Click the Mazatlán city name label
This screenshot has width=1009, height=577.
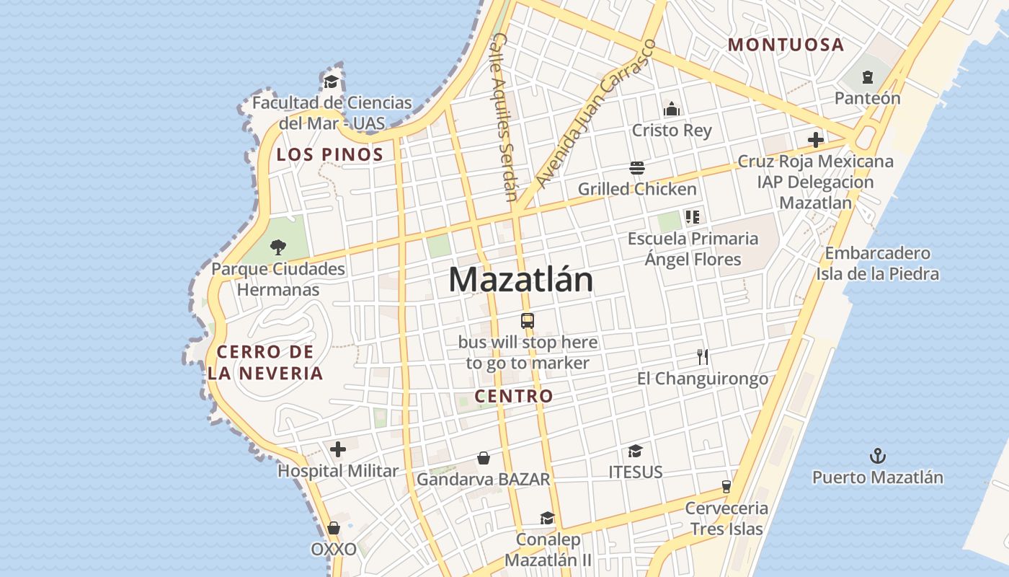521,280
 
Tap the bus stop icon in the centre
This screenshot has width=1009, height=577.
528,321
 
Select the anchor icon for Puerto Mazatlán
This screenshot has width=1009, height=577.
877,456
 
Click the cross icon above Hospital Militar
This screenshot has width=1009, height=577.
337,450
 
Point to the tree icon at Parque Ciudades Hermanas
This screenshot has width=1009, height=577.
277,247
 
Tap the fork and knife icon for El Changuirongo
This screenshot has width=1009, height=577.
703,356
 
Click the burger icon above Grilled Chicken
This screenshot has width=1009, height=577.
636,169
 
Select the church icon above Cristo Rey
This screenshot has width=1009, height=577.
672,109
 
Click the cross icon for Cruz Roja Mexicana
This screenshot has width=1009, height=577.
815,140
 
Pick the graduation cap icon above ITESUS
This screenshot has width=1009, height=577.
635,452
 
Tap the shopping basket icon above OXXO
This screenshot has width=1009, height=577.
333,529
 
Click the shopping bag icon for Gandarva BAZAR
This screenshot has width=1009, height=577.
484,458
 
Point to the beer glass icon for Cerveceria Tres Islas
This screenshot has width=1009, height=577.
726,487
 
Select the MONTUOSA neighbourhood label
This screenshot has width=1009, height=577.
786,45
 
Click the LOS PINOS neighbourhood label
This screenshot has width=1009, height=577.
330,154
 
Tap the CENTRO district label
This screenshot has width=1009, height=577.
514,396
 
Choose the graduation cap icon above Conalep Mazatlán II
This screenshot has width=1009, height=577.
547,519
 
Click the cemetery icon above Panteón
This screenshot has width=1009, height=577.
867,76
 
